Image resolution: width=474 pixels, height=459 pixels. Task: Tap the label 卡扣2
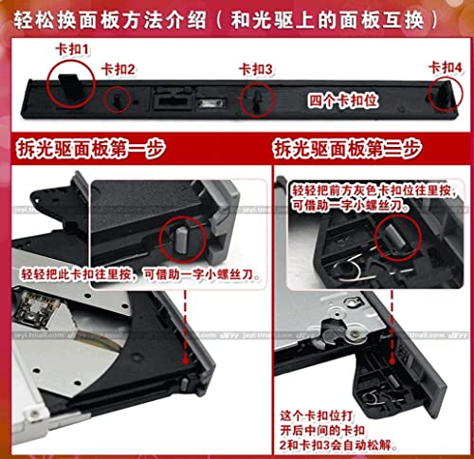click(x=118, y=68)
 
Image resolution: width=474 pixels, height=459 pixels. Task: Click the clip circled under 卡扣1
click(x=66, y=77)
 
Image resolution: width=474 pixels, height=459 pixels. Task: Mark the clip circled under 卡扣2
click(x=118, y=97)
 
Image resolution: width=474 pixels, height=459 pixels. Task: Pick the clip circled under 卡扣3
click(x=255, y=100)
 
